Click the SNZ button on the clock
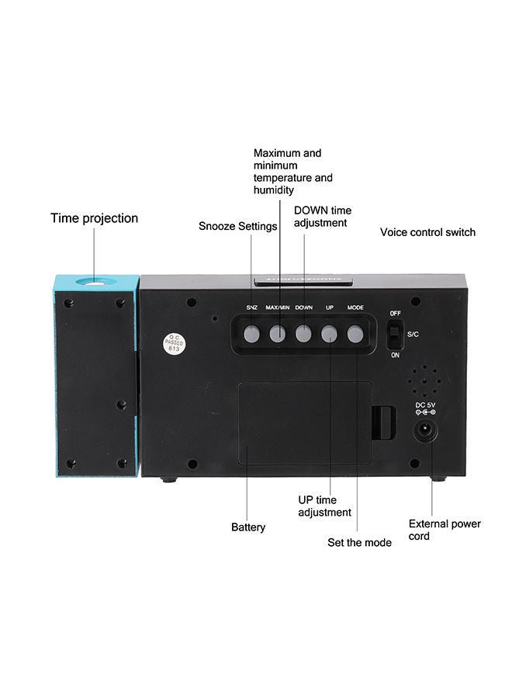[252, 334]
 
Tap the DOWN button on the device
[304, 334]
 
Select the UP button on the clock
[330, 334]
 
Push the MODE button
[355, 334]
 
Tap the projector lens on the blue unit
[97, 283]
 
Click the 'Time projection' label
[95, 218]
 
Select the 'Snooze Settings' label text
[237, 226]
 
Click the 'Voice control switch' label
[427, 232]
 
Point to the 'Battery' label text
[248, 527]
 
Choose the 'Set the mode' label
[359, 542]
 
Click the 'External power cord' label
[445, 530]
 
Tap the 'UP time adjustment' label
[324, 506]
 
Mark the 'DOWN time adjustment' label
[322, 216]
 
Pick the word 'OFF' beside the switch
[396, 313]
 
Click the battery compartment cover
[303, 423]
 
